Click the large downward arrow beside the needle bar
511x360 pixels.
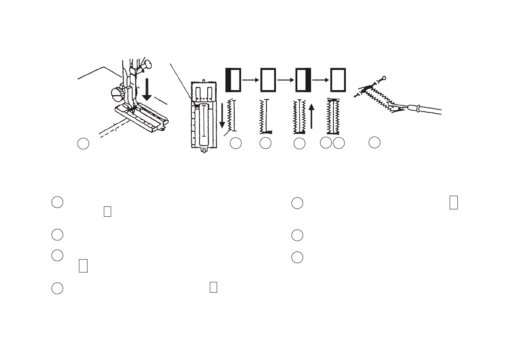click(x=147, y=91)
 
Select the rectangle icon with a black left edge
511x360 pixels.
click(x=233, y=80)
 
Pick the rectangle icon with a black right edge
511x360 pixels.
click(x=303, y=80)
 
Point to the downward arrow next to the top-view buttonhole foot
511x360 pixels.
click(x=222, y=116)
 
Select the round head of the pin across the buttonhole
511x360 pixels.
click(x=384, y=78)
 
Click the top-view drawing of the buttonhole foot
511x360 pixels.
click(x=203, y=115)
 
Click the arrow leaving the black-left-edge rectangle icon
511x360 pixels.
click(x=250, y=80)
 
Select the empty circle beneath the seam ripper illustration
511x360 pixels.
click(x=375, y=142)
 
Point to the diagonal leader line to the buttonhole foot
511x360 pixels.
click(x=180, y=82)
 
